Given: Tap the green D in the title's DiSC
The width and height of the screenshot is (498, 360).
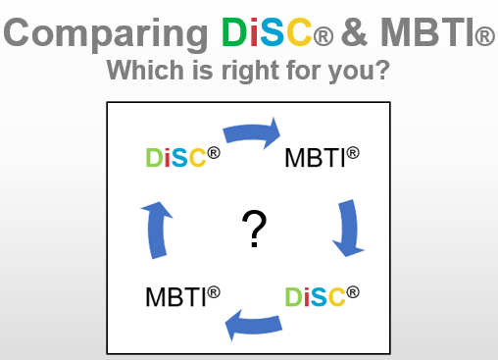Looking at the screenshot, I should (233, 33).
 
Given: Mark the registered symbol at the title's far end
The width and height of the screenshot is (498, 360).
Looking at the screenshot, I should (483, 39).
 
